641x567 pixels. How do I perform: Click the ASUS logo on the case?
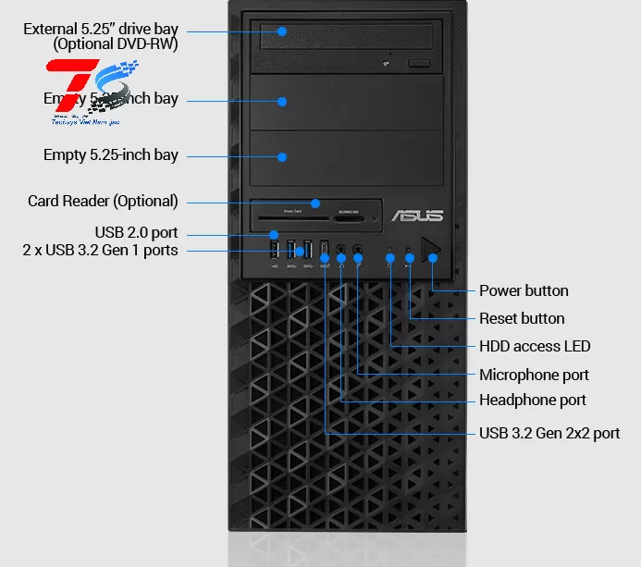(418, 216)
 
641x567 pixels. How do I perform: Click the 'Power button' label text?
(524, 290)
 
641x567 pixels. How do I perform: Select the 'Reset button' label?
(522, 318)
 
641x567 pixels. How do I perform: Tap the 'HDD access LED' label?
(535, 346)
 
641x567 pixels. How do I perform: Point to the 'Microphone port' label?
(534, 375)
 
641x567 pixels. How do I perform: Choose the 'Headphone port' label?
(533, 400)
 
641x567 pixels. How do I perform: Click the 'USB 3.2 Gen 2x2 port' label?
(549, 433)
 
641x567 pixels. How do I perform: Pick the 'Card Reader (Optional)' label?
(103, 201)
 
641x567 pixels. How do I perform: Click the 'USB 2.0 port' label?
(136, 231)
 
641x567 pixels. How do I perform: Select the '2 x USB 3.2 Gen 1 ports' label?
(100, 250)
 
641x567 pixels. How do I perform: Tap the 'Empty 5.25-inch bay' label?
(111, 154)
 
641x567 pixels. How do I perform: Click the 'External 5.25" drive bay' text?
(101, 29)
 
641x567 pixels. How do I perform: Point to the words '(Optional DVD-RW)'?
(116, 43)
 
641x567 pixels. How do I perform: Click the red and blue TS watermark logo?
(93, 92)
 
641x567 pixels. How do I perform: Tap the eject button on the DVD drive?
(419, 62)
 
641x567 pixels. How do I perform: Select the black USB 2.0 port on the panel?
(274, 249)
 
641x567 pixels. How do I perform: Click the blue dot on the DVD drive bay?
(283, 31)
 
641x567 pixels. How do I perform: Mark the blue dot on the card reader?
(315, 203)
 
